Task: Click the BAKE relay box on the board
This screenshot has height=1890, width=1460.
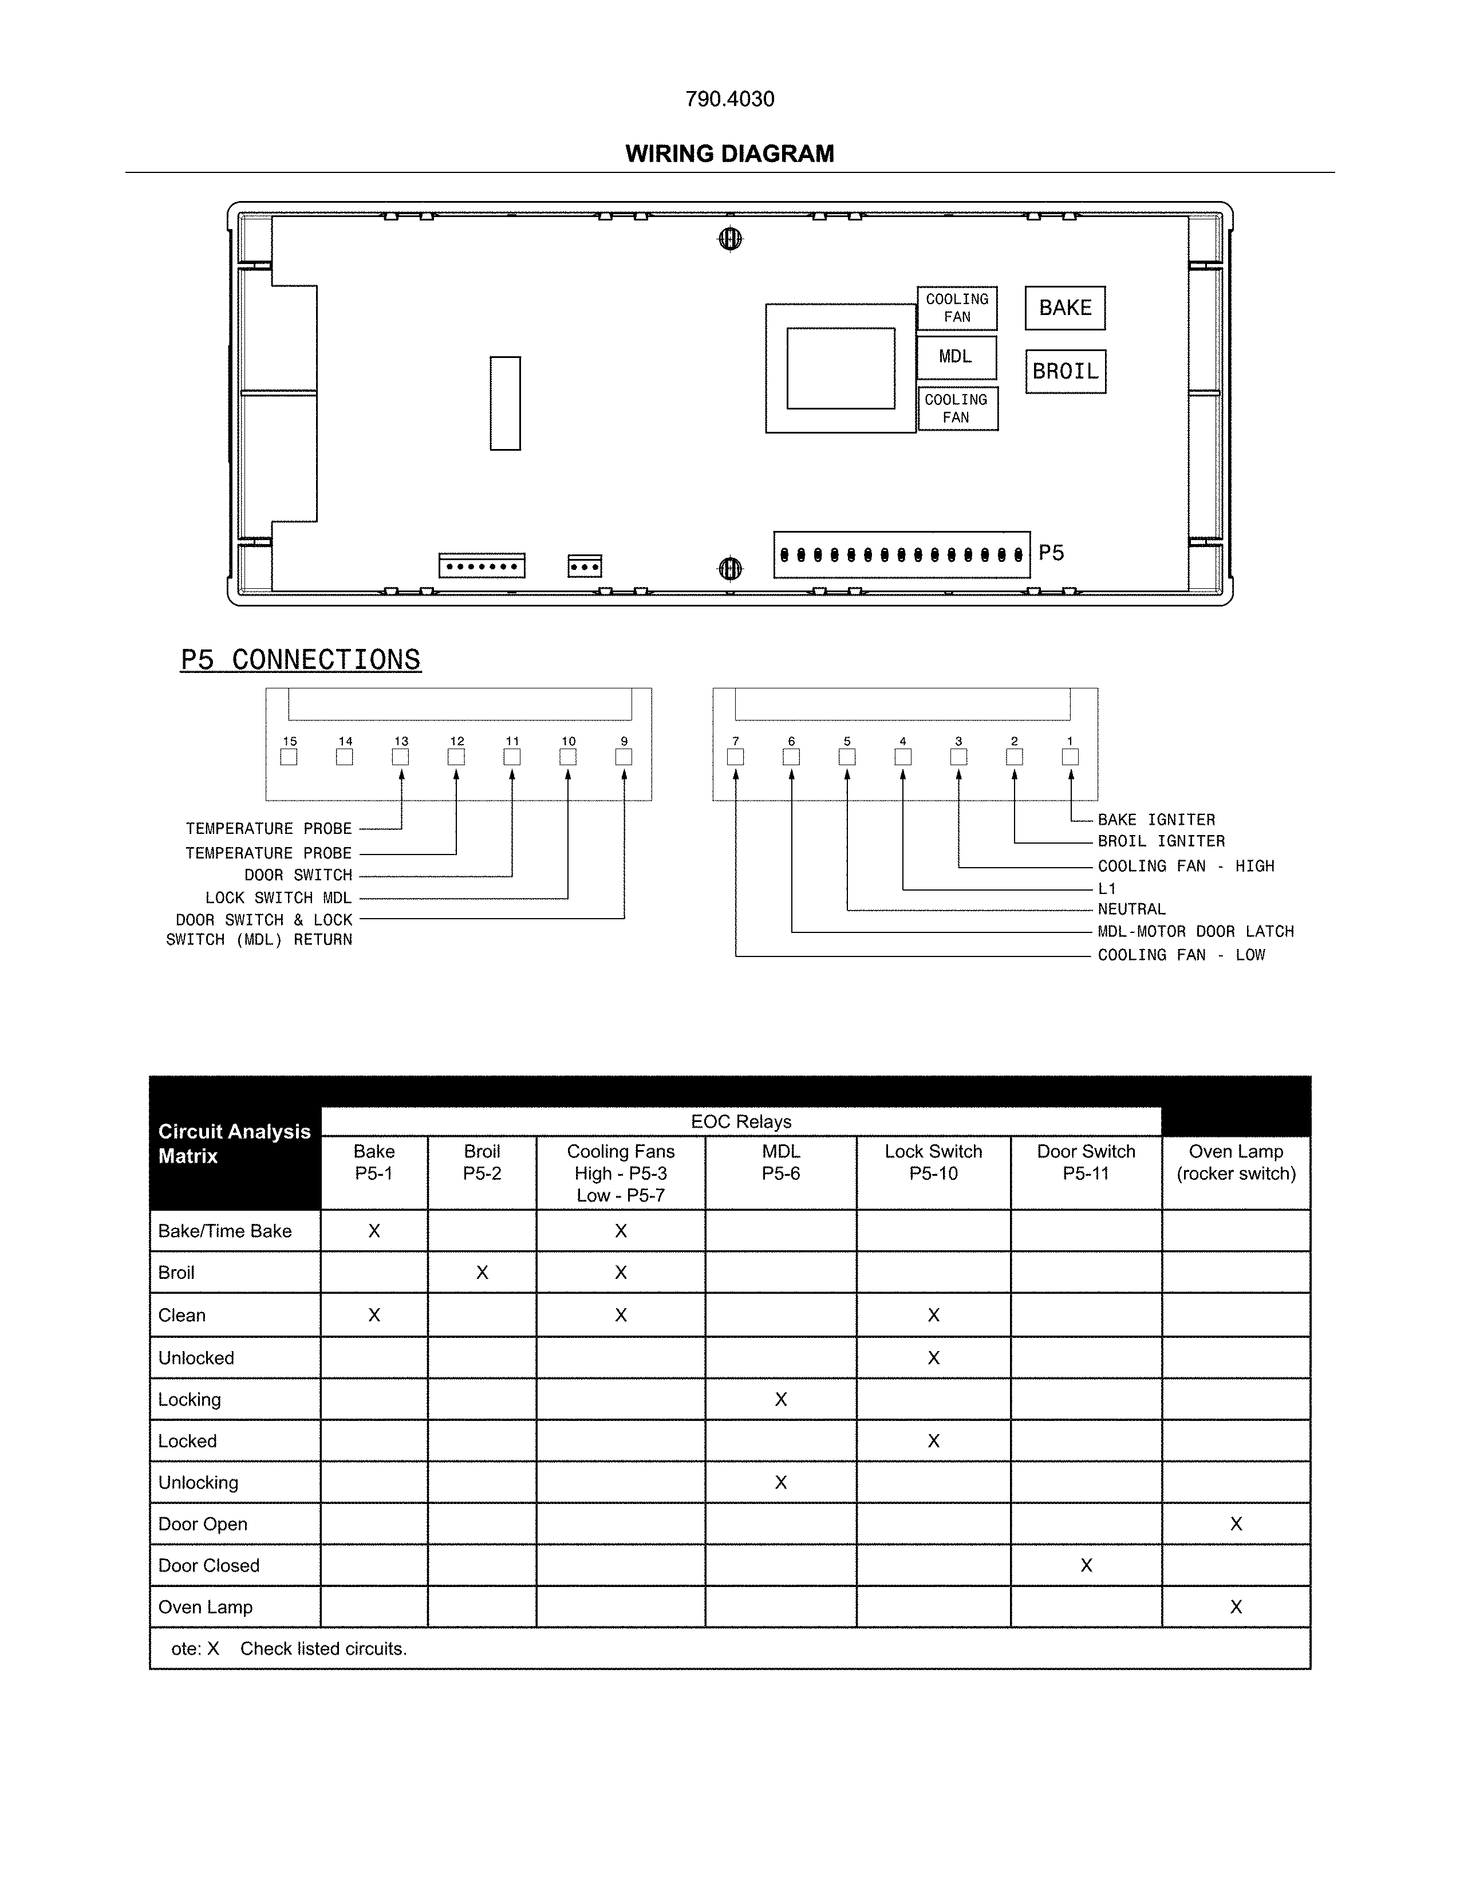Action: coord(1065,308)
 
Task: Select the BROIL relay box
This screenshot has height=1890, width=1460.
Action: coord(1066,371)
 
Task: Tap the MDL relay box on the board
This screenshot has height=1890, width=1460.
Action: coord(956,357)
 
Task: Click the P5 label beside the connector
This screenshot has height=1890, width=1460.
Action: coord(1051,553)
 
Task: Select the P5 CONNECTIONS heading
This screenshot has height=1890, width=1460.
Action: coord(300,659)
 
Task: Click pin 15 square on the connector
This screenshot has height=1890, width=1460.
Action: coord(289,757)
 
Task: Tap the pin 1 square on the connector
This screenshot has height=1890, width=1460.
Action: coord(1070,757)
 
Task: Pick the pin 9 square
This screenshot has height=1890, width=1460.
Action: coord(624,757)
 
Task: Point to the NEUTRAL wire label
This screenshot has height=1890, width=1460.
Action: coord(1131,909)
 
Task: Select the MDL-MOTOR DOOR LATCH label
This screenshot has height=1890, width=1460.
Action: coord(1195,932)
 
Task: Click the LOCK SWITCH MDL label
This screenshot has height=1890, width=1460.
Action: coord(278,898)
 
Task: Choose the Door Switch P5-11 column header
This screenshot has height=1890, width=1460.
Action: coord(1086,1162)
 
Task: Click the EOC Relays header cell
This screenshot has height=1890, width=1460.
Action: coord(740,1121)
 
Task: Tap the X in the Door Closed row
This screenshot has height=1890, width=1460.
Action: coord(1086,1565)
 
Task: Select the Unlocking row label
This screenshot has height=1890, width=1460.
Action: coord(198,1482)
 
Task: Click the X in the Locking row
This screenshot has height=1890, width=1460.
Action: coord(780,1399)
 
